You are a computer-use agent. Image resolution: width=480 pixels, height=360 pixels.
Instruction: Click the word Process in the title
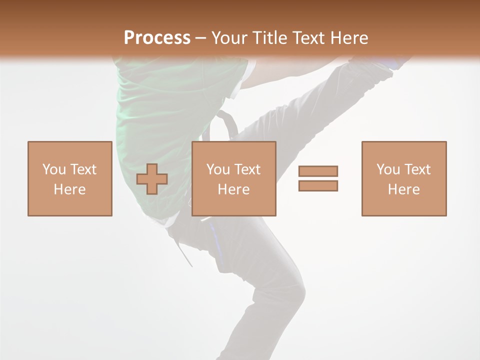pyautogui.click(x=157, y=38)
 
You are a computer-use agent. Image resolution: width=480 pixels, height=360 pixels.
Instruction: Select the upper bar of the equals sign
pyautogui.click(x=318, y=171)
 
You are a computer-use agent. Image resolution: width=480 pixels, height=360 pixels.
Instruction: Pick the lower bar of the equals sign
pyautogui.click(x=318, y=185)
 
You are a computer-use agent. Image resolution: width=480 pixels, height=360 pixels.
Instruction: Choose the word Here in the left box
pyautogui.click(x=69, y=189)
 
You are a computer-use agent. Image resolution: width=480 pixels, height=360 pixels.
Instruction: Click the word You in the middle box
pyautogui.click(x=218, y=169)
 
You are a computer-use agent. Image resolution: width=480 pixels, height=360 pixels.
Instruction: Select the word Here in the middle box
pyautogui.click(x=233, y=189)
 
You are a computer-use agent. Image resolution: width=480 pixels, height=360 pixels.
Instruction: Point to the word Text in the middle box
pyautogui.click(x=247, y=169)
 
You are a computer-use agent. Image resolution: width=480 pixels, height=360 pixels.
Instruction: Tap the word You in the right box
pyautogui.click(x=388, y=169)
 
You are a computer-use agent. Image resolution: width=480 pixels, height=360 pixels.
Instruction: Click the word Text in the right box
pyautogui.click(x=417, y=169)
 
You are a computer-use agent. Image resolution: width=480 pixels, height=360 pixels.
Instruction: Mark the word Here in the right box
pyautogui.click(x=403, y=189)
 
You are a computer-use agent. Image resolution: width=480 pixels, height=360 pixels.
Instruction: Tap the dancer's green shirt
pyautogui.click(x=150, y=110)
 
